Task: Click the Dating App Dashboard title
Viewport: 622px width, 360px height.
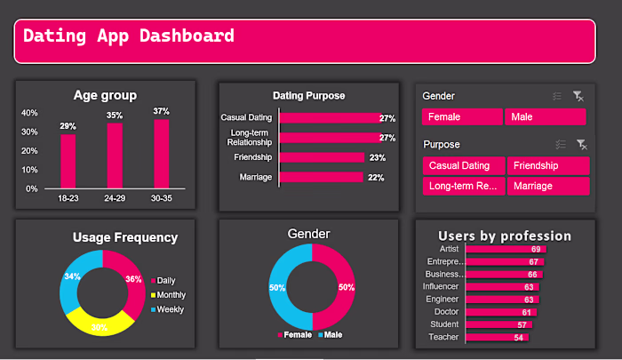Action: click(129, 36)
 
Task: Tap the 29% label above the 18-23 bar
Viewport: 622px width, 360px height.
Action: click(68, 126)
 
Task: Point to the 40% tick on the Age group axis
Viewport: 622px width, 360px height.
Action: click(29, 113)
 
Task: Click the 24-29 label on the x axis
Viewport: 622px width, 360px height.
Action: click(115, 197)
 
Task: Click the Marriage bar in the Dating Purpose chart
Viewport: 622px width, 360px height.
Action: click(321, 177)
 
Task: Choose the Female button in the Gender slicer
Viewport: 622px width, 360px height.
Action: click(462, 117)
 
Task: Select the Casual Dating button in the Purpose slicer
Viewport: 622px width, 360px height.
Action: click(463, 165)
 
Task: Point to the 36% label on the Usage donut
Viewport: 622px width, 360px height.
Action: click(133, 278)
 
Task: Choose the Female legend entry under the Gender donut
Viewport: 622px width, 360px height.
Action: click(298, 334)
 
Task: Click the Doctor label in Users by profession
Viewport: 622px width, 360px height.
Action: click(446, 312)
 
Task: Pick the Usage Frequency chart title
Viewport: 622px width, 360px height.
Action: click(125, 237)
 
